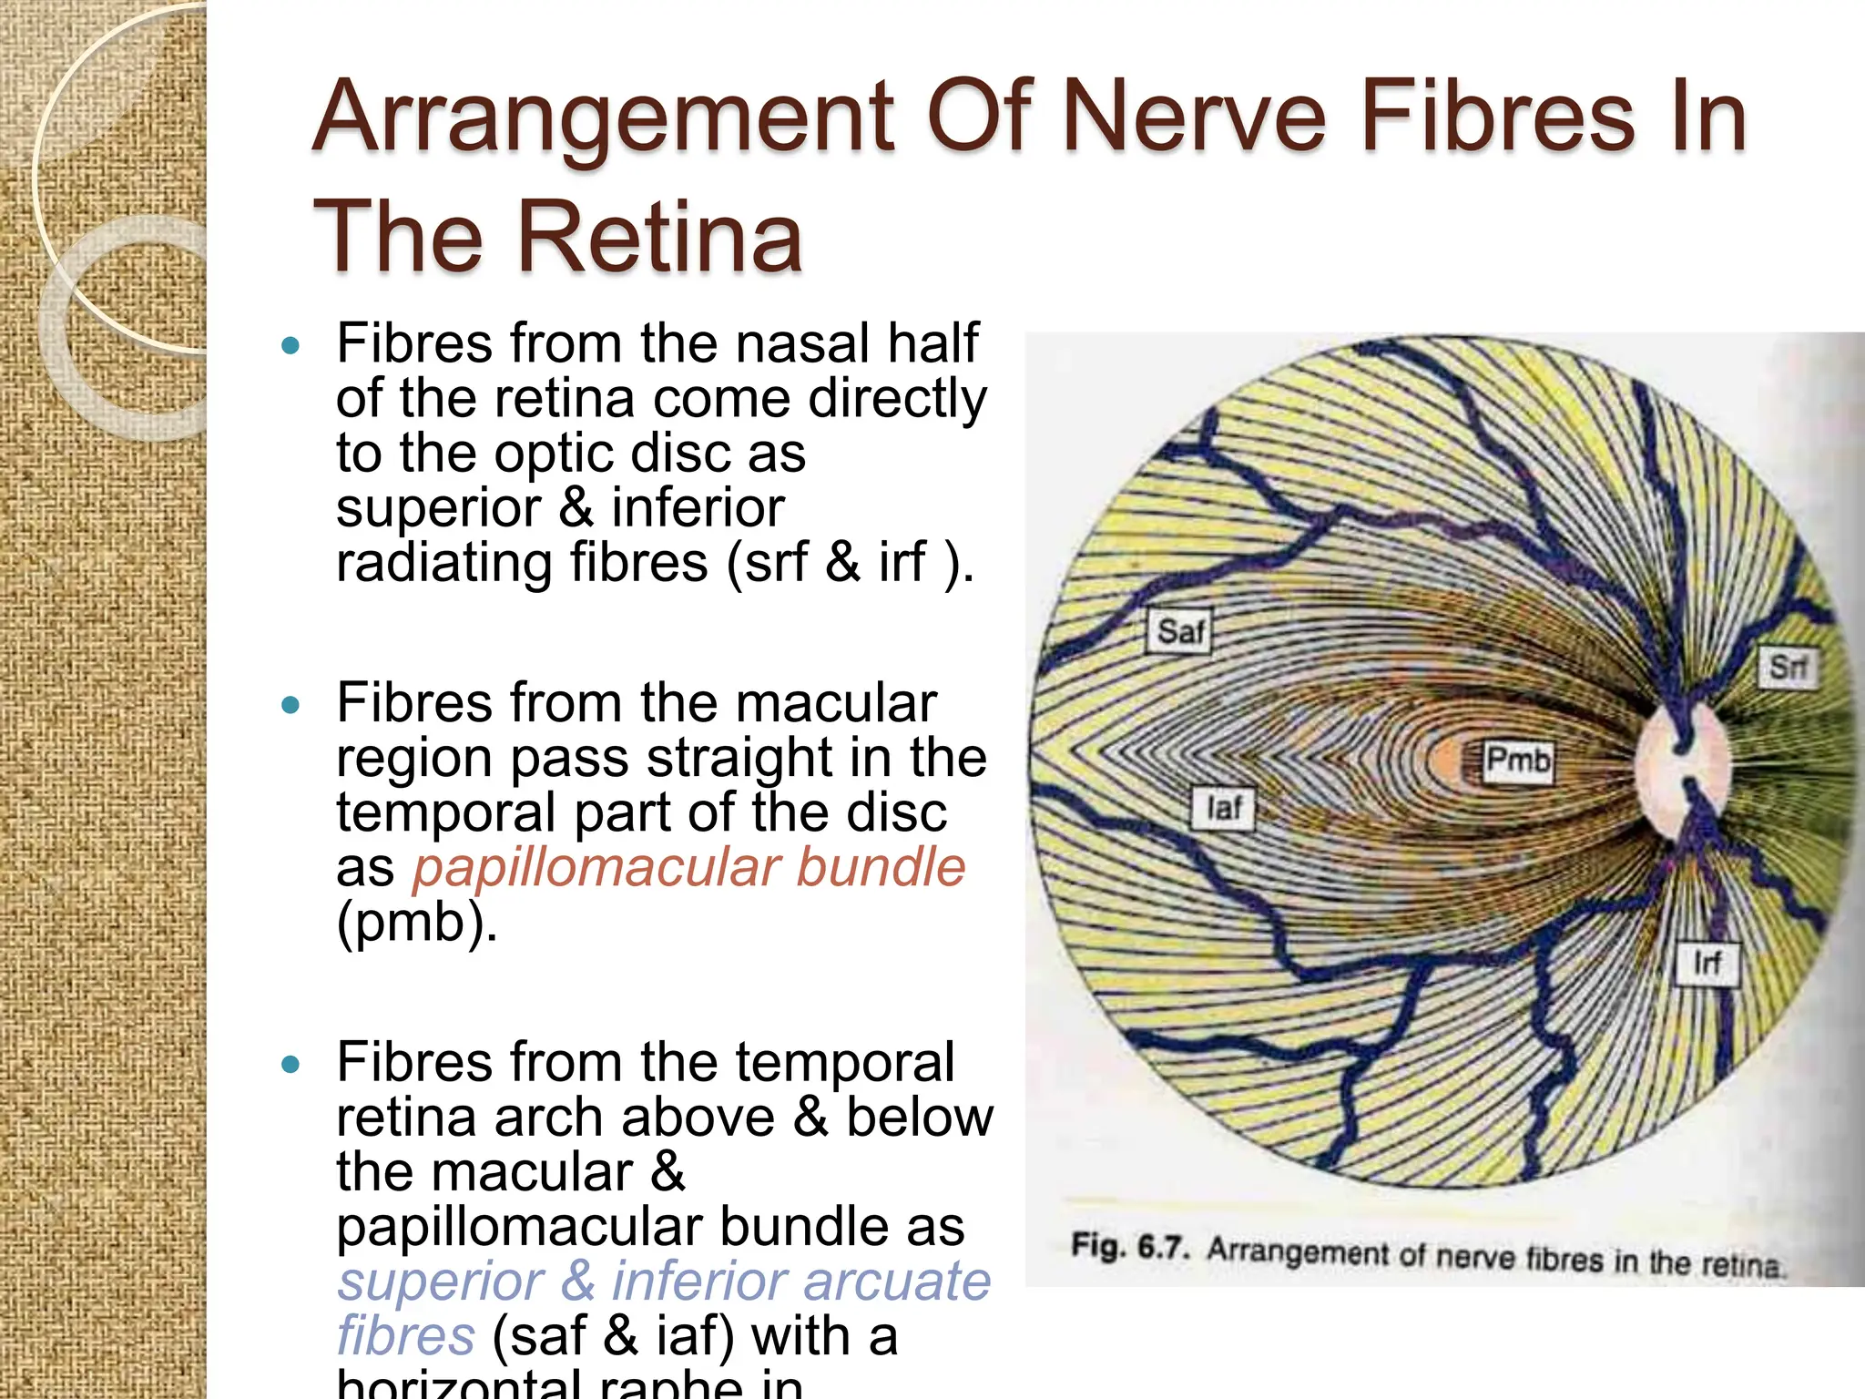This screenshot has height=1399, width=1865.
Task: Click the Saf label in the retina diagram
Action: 1179,631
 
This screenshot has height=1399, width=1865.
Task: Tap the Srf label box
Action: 1787,668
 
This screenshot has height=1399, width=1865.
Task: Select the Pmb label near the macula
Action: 1517,760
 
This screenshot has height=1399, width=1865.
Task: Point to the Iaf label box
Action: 1223,808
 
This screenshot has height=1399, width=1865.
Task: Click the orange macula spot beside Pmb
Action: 1448,761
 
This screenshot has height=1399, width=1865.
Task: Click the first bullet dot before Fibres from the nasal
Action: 290,345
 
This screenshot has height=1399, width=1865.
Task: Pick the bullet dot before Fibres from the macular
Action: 290,705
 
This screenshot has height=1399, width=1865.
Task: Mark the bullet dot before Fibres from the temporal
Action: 290,1064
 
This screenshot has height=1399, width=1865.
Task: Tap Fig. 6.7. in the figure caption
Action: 1129,1246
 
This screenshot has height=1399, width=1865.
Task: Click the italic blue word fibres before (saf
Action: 405,1336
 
